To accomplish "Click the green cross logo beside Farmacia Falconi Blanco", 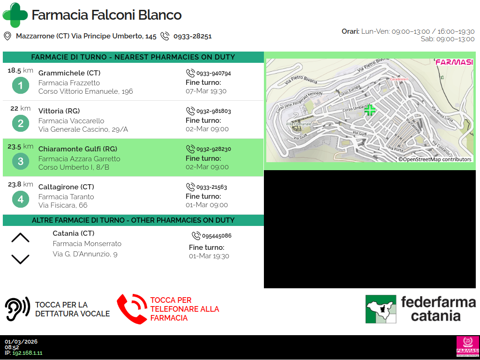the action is point(15,15).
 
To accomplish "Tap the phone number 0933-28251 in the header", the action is point(193,37).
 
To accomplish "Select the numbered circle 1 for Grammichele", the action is point(21,85).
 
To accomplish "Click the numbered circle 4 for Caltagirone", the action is point(21,199).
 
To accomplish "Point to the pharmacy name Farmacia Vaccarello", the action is point(71,121).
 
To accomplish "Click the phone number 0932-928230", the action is point(214,149).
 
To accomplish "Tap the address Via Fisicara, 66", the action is point(63,205).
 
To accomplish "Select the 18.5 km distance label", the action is point(20,70).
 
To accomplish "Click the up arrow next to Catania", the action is point(20,238).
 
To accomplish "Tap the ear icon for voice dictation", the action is point(17,309).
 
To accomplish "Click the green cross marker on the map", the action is point(370,110).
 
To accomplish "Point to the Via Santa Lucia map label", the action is point(442,113).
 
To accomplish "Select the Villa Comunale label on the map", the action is point(299,124).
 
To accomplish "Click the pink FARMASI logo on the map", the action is point(454,62).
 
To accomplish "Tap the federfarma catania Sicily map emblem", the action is point(381,309).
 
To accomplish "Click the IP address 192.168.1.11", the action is point(27,353).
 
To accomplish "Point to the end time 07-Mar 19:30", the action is point(206,91).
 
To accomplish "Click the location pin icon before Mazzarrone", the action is point(7,37).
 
